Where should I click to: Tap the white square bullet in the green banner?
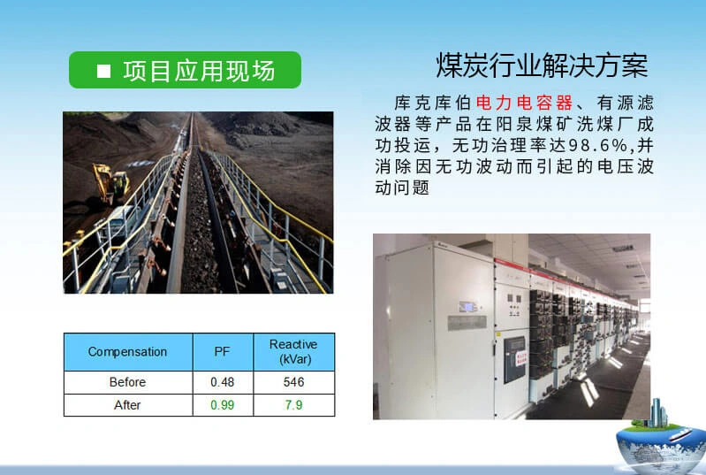(x=103, y=71)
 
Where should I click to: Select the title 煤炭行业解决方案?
(x=542, y=65)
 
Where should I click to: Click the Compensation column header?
(x=127, y=351)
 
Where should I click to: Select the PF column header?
(x=222, y=351)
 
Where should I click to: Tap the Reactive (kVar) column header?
(x=293, y=351)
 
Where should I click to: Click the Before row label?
(x=127, y=382)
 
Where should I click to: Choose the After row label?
(x=127, y=404)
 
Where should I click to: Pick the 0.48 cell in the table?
(x=222, y=382)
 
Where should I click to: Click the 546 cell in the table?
(x=293, y=382)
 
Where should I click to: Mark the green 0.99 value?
(x=222, y=404)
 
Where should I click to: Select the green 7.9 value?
(x=293, y=404)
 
